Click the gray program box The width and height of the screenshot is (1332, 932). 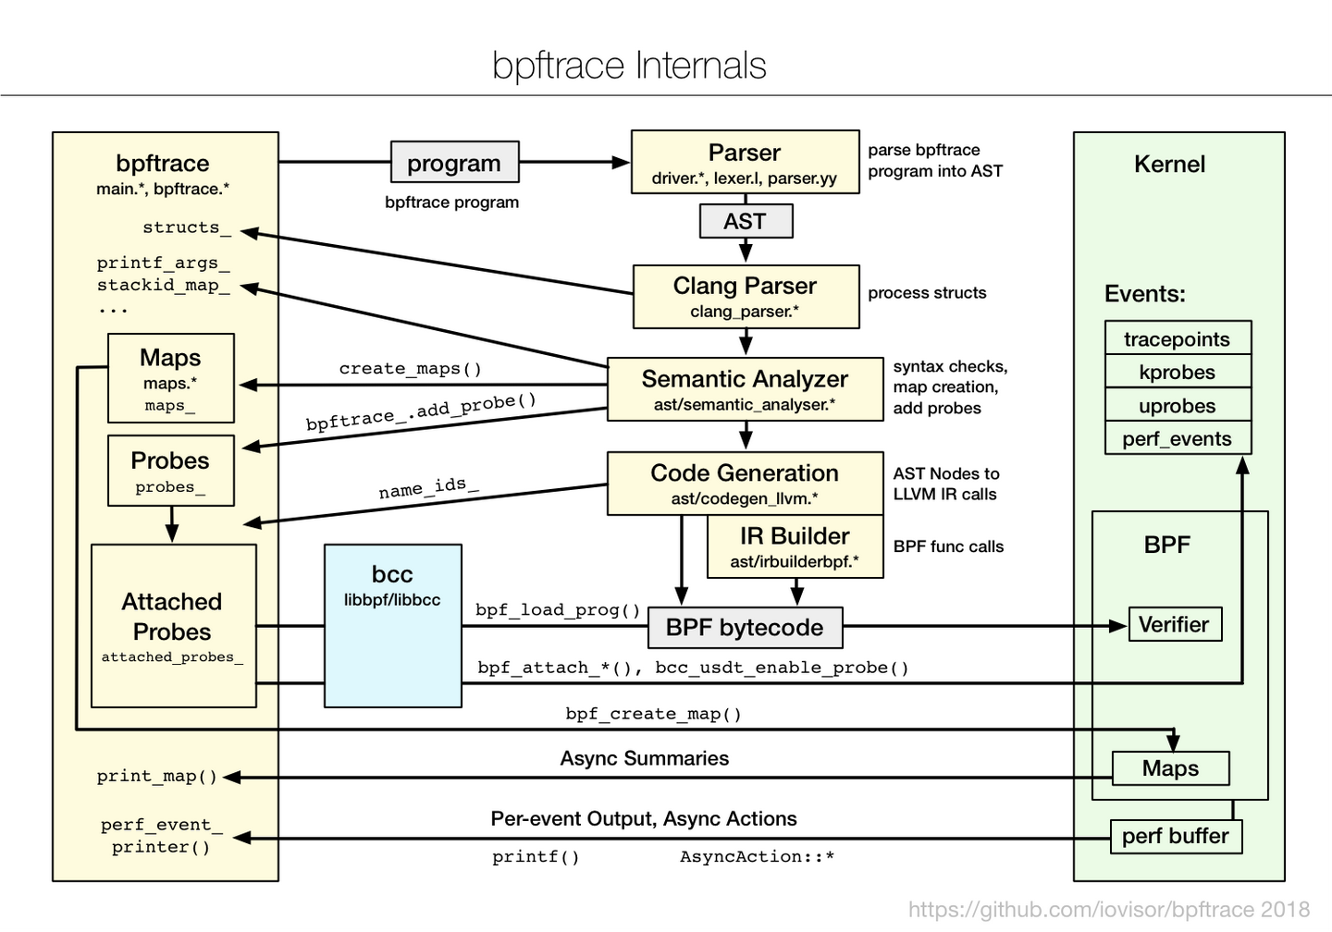point(454,163)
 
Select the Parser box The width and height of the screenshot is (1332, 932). point(745,163)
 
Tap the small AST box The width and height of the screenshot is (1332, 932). point(746,221)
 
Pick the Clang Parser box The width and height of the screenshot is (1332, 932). point(746,296)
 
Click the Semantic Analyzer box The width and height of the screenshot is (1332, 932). point(745,389)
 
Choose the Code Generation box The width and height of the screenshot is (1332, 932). point(745,483)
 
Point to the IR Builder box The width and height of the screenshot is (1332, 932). point(795,546)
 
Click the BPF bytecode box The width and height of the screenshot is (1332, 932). point(745,627)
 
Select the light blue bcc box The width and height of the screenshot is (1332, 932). point(392,626)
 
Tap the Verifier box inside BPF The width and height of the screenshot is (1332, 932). point(1174,624)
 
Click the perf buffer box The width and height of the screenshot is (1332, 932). point(1175,836)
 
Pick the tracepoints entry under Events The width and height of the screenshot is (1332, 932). point(1177,338)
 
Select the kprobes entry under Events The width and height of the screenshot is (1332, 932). point(1177,372)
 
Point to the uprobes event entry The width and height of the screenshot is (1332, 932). point(1177,405)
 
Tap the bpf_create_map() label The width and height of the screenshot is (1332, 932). point(653,714)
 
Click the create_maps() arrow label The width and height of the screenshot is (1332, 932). point(411,368)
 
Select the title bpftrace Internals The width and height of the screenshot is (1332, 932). point(629,66)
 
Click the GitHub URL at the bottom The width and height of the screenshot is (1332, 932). point(1108,910)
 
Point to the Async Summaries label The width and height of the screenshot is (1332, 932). point(644,758)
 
